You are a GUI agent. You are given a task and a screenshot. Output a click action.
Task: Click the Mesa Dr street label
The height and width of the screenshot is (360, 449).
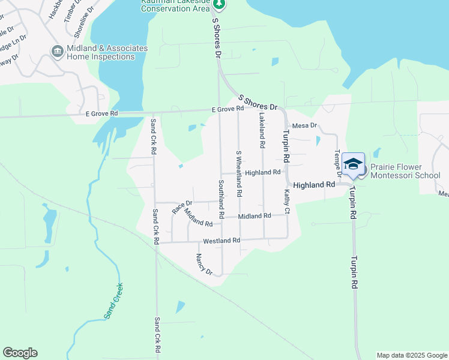tap(304, 125)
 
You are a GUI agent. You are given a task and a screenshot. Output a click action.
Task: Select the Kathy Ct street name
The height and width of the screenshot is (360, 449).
tap(287, 202)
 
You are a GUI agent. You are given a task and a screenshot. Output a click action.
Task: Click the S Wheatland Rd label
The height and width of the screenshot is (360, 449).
tap(238, 173)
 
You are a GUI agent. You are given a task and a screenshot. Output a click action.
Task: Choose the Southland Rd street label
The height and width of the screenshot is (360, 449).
tap(221, 198)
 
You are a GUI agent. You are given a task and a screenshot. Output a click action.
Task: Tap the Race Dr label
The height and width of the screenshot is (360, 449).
tap(182, 207)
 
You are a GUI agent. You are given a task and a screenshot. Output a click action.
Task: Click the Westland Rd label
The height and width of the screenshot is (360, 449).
tap(221, 241)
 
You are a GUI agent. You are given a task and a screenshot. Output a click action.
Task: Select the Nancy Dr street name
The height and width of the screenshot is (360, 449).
tap(204, 265)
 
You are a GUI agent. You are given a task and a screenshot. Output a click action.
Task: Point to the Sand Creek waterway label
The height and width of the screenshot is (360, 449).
tap(113, 301)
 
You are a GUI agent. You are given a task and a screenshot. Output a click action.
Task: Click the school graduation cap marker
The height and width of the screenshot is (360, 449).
tap(354, 163)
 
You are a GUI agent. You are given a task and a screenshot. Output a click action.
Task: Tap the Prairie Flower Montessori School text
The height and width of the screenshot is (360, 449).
tap(405, 171)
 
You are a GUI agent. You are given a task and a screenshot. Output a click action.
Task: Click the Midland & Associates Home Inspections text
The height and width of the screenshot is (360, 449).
tap(101, 52)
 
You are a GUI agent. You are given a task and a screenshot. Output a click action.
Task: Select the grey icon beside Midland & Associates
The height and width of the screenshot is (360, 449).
tap(58, 52)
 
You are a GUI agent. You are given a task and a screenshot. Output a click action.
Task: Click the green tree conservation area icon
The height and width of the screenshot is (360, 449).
tap(220, 4)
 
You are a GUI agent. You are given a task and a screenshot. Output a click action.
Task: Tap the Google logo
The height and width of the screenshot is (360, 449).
tap(20, 353)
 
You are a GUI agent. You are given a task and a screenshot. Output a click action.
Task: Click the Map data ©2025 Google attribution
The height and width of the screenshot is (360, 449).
tap(411, 355)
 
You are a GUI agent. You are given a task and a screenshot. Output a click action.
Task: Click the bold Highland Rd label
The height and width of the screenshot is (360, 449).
tap(314, 185)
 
